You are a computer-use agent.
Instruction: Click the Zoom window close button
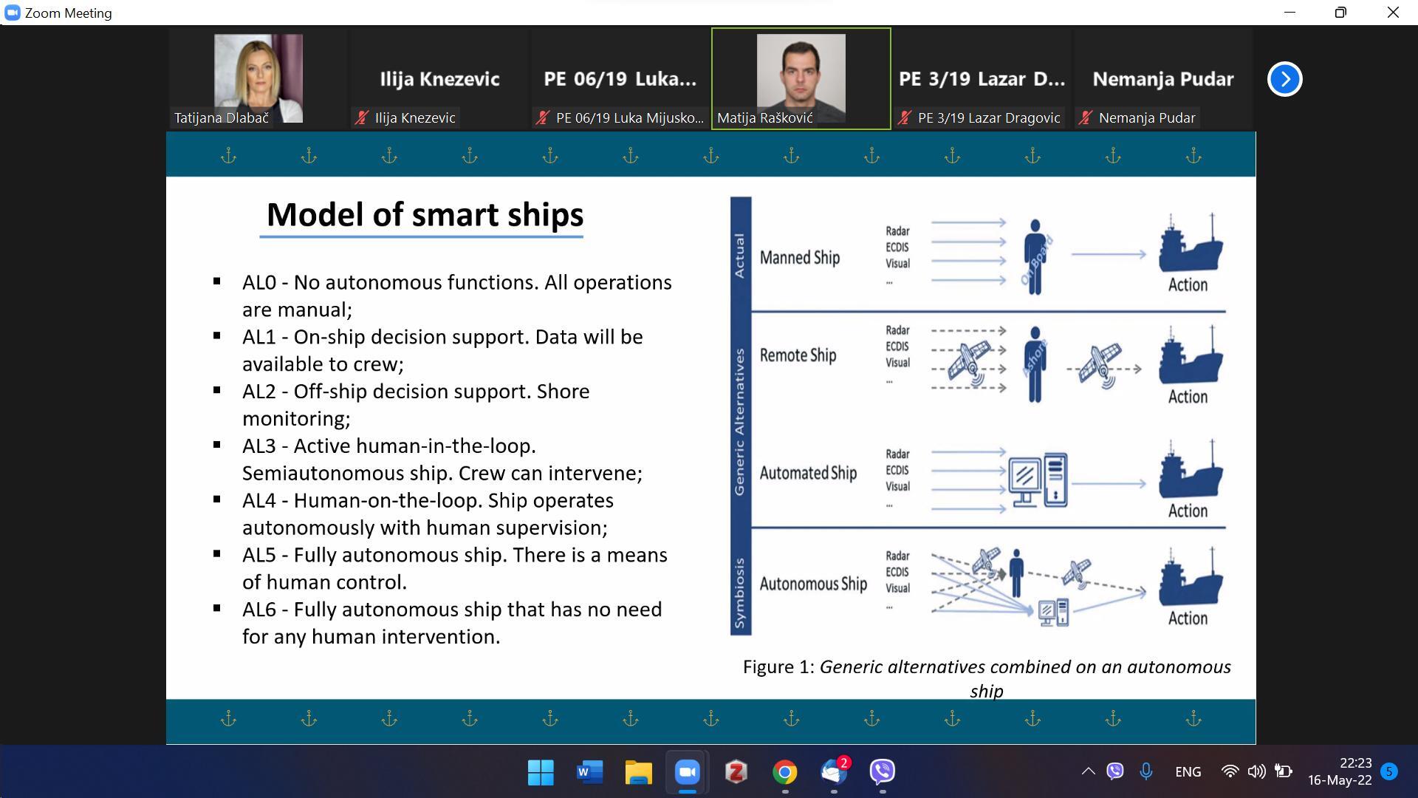click(x=1393, y=13)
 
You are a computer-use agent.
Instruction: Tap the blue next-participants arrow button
click(x=1285, y=79)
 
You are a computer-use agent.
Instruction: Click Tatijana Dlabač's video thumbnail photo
click(x=258, y=78)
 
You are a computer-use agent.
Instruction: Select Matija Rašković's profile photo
click(x=801, y=78)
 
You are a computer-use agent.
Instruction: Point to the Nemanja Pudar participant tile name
click(x=1163, y=79)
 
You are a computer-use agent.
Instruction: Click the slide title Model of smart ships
click(x=425, y=214)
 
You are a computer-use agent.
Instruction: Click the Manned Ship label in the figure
click(x=800, y=257)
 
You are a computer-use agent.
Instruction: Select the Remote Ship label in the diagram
click(x=798, y=355)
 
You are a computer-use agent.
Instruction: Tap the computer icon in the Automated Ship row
click(x=1038, y=480)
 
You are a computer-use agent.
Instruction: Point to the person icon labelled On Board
click(x=1035, y=256)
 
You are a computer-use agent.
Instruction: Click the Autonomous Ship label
click(x=813, y=584)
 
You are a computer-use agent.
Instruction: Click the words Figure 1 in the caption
click(x=778, y=667)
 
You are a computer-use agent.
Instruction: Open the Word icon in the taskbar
click(x=589, y=772)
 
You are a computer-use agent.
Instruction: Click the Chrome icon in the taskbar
click(x=784, y=772)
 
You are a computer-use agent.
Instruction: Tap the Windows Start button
click(x=541, y=772)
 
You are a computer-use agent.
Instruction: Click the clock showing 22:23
click(x=1355, y=763)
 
